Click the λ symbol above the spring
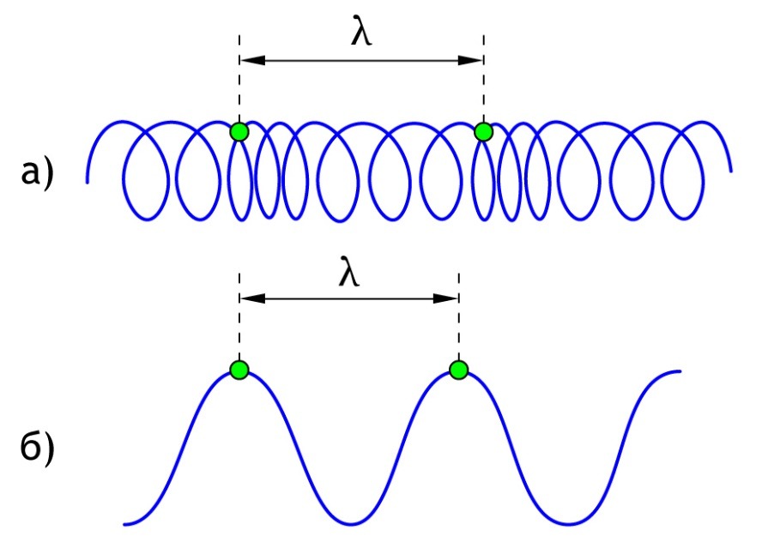[362, 31]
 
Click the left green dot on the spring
[239, 131]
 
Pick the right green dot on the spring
[483, 131]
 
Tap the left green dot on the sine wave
[239, 370]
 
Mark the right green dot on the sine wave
[459, 370]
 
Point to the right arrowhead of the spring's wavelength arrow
[473, 60]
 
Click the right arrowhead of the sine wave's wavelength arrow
[448, 298]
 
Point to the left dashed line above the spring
[239, 86]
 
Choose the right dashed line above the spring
[483, 86]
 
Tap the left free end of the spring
[88, 181]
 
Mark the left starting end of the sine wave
[125, 523]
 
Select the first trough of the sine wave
[349, 523]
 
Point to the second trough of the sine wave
[568, 523]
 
